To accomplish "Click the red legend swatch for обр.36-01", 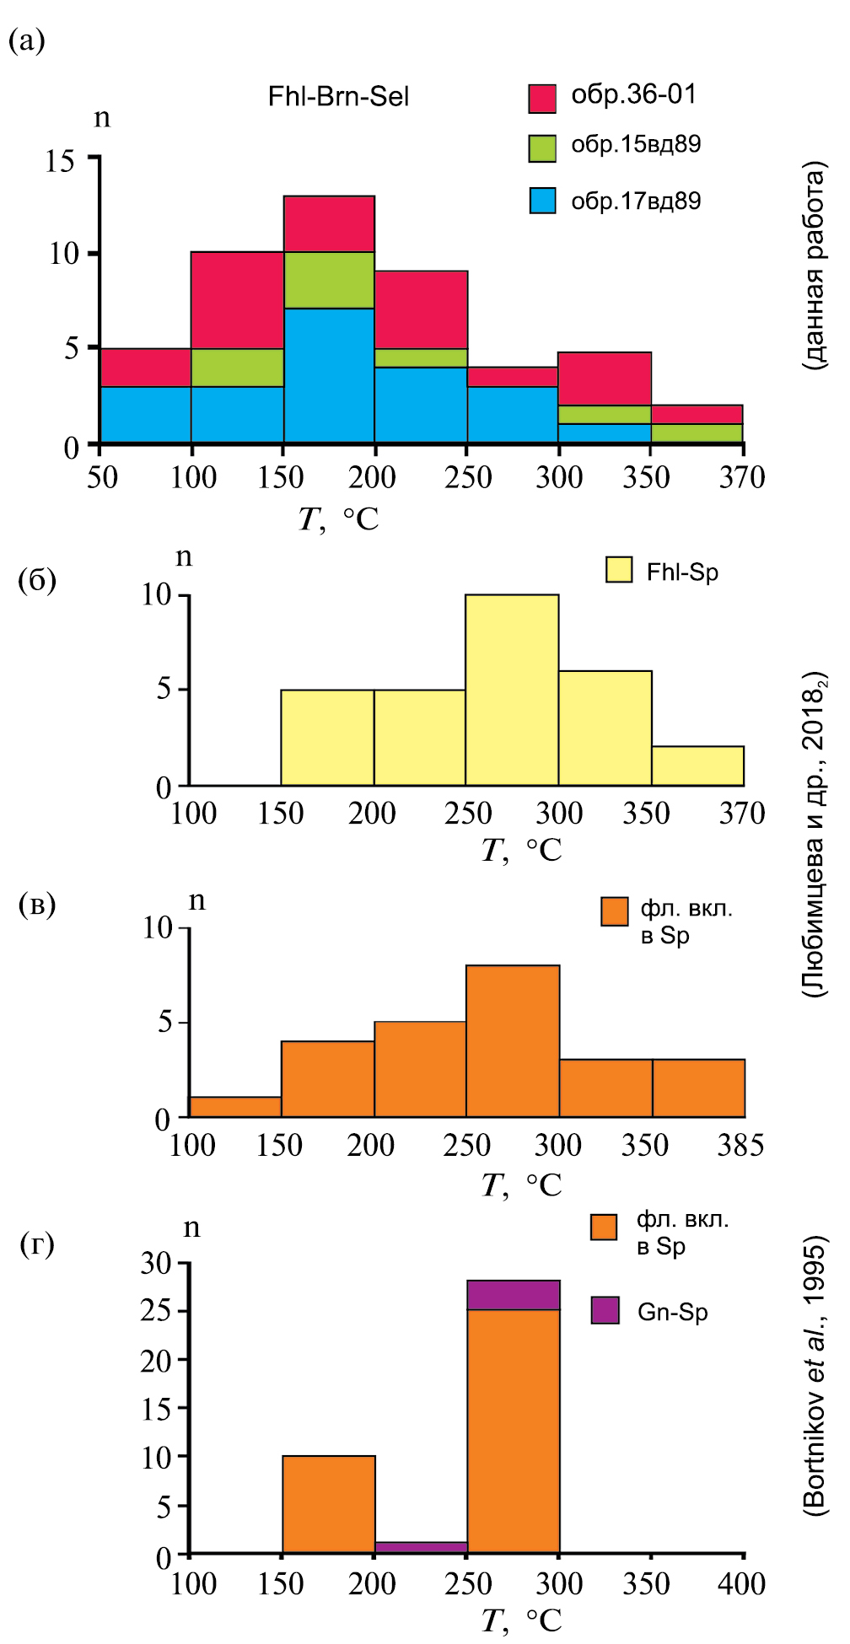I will [542, 99].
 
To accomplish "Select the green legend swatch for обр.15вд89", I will [542, 148].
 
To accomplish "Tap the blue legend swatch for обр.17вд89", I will [542, 201].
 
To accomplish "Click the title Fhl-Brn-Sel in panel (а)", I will [338, 97].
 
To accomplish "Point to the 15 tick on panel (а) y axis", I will [61, 160].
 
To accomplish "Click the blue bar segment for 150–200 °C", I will [329, 375].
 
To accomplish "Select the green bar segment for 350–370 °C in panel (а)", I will [697, 432].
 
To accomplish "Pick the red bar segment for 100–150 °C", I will [237, 299].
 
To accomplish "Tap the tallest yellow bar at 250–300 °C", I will [512, 690].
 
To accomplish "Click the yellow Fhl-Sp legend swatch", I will [619, 571].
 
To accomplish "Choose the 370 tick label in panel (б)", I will [742, 814].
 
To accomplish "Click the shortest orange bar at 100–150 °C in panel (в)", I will [235, 1107].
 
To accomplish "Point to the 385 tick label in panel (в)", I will [740, 1146].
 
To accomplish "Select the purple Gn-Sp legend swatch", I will [605, 1310].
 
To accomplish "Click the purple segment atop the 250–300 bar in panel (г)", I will [514, 1295].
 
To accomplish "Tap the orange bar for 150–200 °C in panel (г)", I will [329, 1504].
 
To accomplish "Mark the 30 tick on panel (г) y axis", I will [156, 1263].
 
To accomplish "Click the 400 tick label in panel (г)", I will [741, 1584].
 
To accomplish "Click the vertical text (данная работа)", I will [815, 266].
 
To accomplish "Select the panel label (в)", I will [37, 904].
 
